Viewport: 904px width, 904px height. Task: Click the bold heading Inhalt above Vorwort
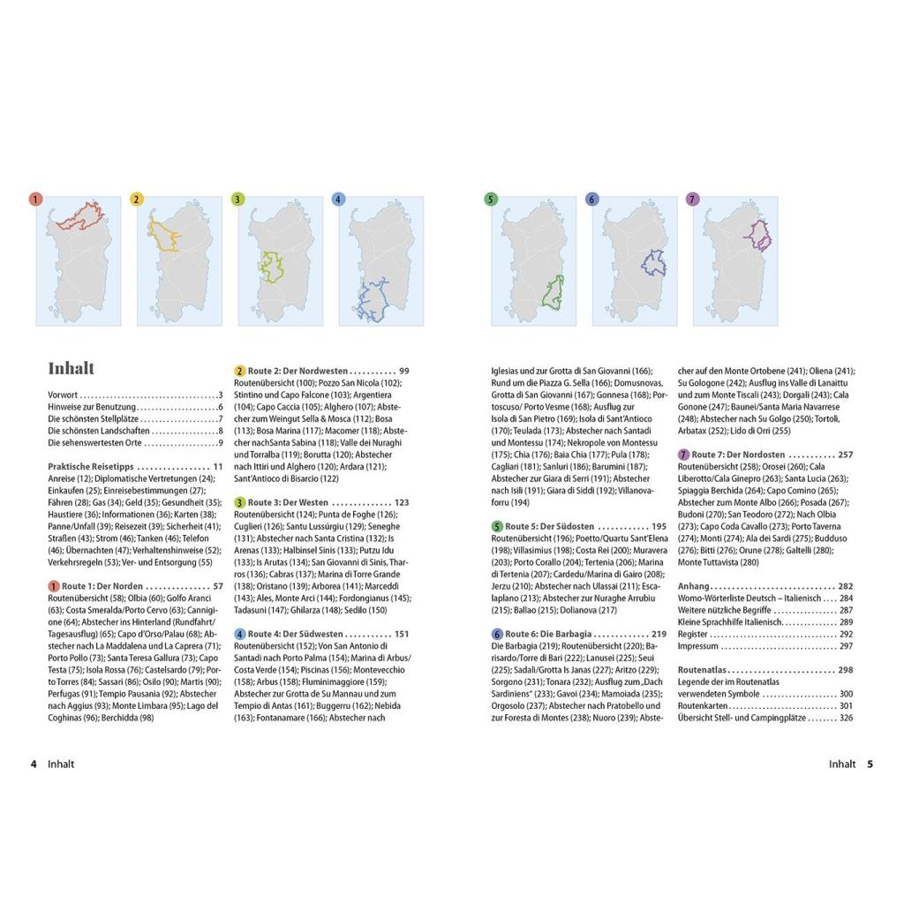[71, 368]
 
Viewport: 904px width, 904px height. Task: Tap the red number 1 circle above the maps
[35, 200]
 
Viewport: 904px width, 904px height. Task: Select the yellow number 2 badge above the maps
[136, 200]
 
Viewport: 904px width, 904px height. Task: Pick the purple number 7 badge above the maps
[692, 200]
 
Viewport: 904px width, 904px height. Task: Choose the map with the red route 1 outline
[79, 260]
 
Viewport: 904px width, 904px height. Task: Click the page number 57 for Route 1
[218, 586]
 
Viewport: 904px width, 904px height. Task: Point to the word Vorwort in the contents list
[63, 395]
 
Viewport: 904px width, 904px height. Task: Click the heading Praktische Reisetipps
[92, 467]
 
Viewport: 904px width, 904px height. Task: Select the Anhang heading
[694, 586]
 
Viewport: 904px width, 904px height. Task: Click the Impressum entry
[697, 646]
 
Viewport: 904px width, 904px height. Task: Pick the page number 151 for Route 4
[401, 634]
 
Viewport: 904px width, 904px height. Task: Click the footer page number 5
[870, 765]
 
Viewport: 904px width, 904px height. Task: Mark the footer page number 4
[34, 765]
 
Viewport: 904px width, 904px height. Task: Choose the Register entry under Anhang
[693, 634]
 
